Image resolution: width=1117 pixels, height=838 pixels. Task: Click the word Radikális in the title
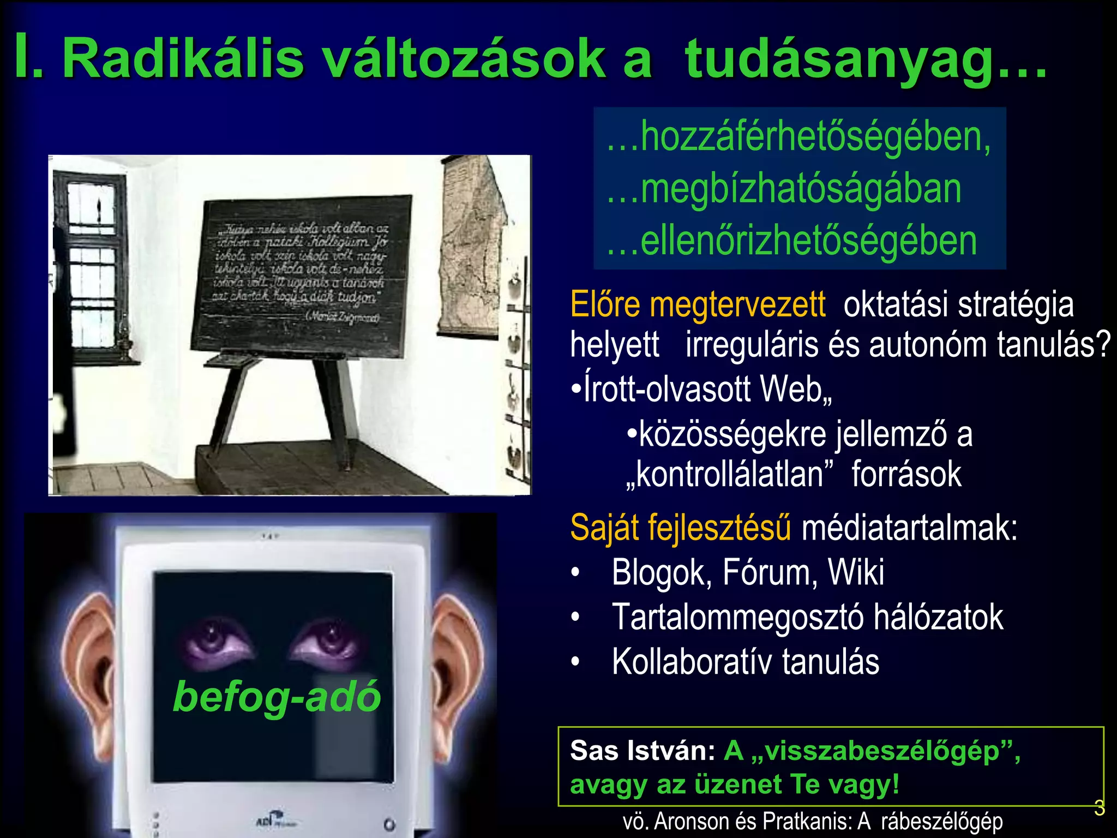coord(183,59)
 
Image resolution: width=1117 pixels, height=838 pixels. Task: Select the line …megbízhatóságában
coord(784,189)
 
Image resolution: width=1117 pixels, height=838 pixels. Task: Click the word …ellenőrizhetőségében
coord(792,241)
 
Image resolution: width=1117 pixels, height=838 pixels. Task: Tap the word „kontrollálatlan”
coord(730,474)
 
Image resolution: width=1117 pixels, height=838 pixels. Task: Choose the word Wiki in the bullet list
coord(856,572)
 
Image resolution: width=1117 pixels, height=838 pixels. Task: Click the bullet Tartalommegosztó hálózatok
coord(807,617)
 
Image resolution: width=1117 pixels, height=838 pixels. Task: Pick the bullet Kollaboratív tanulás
coord(745,662)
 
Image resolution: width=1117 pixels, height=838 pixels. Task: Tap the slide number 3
coord(1099,808)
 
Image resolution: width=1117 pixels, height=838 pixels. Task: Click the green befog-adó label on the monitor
coord(277,697)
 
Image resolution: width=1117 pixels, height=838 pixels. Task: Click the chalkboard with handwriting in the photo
coord(302,276)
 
